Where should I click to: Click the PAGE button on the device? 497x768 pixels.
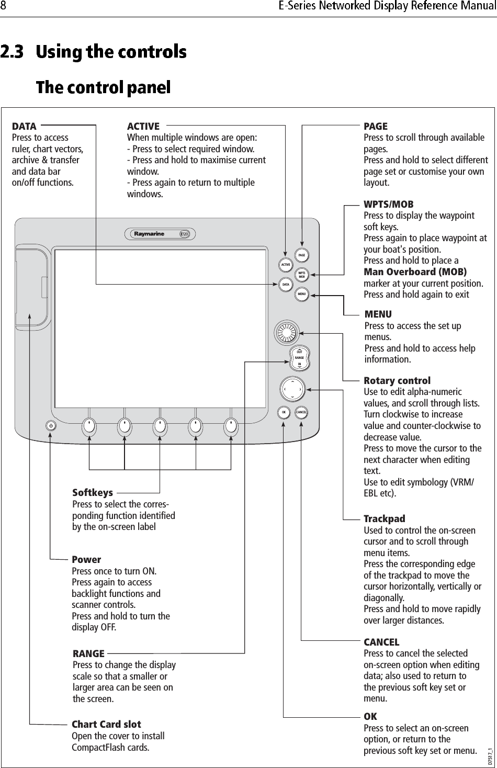tap(301, 255)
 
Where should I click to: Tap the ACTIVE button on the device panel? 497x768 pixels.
tap(286, 265)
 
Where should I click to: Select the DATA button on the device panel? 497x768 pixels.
tap(286, 285)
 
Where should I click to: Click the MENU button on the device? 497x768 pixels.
tap(301, 294)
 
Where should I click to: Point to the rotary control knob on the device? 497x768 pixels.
tap(287, 331)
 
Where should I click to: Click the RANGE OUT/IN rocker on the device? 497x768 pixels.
tap(299, 358)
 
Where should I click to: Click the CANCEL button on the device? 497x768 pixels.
tap(301, 412)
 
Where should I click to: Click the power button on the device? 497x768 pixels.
tap(51, 426)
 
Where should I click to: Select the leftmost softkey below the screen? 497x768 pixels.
tap(89, 426)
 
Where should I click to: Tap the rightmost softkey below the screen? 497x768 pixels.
tap(231, 426)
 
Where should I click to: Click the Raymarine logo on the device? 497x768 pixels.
tap(150, 234)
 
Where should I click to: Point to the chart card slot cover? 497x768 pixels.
tap(31, 285)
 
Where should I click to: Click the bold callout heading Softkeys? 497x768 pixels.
tap(93, 493)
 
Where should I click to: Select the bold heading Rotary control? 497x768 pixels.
tap(397, 381)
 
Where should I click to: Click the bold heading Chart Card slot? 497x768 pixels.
tap(106, 725)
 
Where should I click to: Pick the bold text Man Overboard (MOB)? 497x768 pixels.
tap(415, 272)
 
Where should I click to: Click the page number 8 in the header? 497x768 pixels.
tap(4, 7)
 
